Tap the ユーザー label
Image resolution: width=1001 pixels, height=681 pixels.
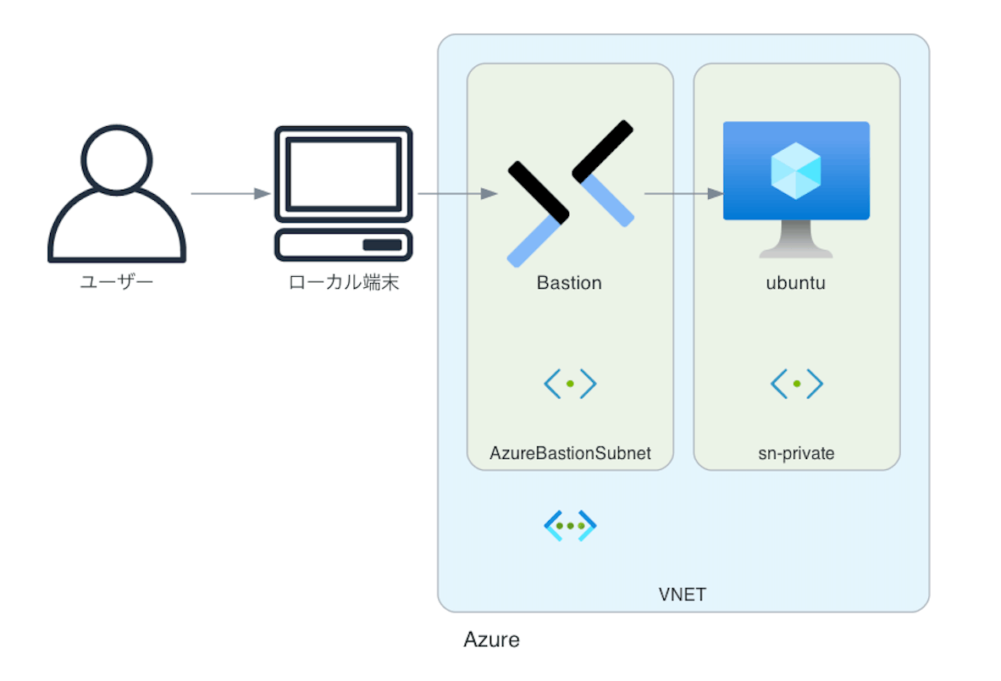tap(117, 281)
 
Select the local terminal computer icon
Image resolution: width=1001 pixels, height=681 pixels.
tap(344, 193)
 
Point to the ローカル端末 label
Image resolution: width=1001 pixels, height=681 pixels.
tap(344, 282)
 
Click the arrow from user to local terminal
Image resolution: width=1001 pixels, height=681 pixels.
tap(230, 193)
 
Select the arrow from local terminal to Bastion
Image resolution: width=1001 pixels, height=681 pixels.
tap(457, 193)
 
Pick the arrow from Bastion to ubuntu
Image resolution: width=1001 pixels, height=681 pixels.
tap(684, 193)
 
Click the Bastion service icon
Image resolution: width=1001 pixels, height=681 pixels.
tap(570, 193)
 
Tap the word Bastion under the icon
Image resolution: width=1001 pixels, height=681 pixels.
tap(569, 283)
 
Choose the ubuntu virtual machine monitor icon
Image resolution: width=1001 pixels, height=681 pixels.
tap(796, 190)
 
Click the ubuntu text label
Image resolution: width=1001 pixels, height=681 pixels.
tap(796, 283)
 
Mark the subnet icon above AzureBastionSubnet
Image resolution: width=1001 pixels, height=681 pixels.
tap(570, 384)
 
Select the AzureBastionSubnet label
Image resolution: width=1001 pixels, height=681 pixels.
tap(570, 453)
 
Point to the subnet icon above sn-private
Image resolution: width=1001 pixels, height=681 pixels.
tap(797, 384)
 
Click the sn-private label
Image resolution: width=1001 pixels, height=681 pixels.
tap(796, 453)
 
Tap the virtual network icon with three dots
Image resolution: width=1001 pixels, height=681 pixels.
tap(570, 526)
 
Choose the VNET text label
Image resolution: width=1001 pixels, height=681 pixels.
tap(683, 595)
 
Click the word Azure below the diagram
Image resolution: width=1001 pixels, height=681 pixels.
tap(491, 639)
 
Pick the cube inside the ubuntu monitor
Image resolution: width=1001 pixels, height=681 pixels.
tap(796, 170)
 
